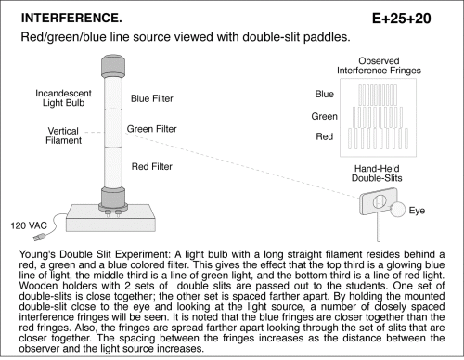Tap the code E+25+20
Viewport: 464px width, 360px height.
point(401,19)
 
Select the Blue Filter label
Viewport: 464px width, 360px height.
point(152,98)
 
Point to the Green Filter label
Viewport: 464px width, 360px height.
point(152,129)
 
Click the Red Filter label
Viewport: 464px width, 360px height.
point(152,166)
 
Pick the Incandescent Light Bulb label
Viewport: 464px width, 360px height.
point(63,98)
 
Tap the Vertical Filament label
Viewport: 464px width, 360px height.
point(63,135)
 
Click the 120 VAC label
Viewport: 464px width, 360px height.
point(29,225)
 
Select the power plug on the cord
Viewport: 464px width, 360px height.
point(39,238)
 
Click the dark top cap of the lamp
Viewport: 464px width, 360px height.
point(113,66)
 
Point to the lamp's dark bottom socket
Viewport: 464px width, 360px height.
point(113,198)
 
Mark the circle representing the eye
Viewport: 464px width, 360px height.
point(397,210)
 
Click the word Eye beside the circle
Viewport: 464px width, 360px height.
point(417,211)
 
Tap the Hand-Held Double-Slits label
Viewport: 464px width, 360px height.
point(377,174)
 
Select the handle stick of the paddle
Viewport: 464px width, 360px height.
point(379,226)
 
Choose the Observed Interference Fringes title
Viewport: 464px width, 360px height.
point(379,66)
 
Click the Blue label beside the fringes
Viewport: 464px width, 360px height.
point(325,94)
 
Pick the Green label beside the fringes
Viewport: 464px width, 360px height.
point(324,116)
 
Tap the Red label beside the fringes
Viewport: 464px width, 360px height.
point(325,136)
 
